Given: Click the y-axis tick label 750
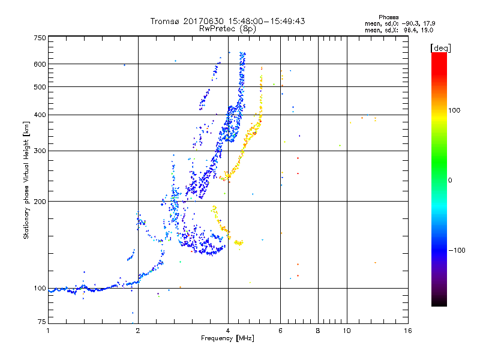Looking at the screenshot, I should click(x=40, y=38).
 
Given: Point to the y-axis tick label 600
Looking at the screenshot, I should click(x=40, y=64).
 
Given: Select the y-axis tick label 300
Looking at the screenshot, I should click(x=40, y=151).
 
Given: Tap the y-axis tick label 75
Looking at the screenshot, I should click(x=41, y=323).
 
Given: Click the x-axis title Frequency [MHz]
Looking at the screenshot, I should click(x=228, y=339).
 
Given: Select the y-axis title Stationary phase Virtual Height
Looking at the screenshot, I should click(x=27, y=180).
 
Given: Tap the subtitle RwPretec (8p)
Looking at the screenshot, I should click(x=228, y=28).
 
